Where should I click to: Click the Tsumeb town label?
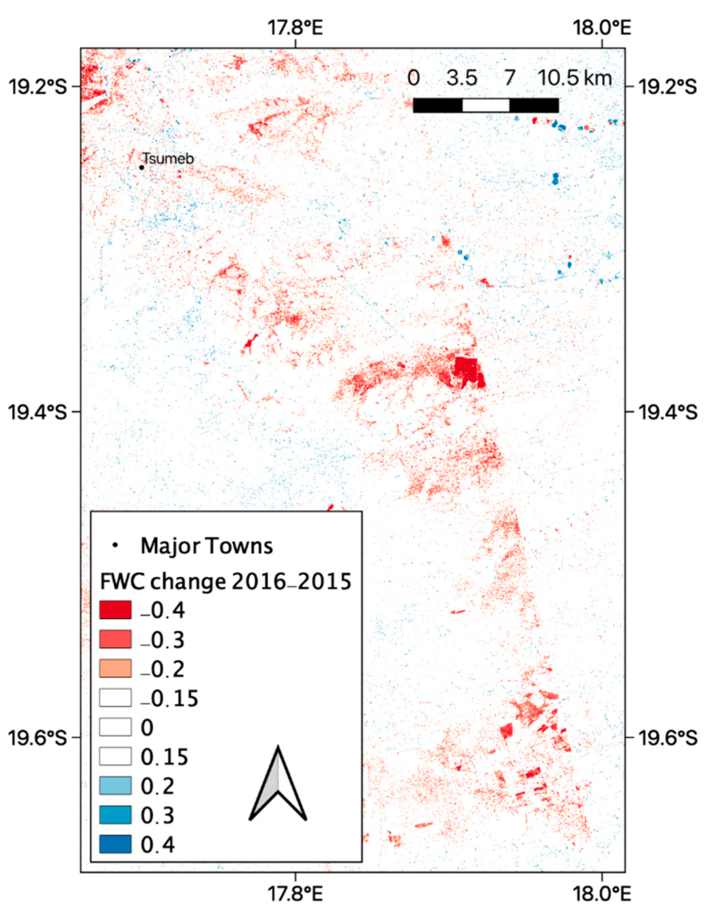[x=168, y=158]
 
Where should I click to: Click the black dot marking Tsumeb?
[x=142, y=167]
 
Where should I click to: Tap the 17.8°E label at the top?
[x=295, y=27]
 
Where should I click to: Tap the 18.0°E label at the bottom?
[x=601, y=893]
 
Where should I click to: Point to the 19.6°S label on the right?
[x=667, y=738]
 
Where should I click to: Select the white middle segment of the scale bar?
[x=486, y=105]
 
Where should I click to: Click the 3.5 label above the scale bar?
[x=461, y=78]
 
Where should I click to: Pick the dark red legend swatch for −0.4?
[x=115, y=610]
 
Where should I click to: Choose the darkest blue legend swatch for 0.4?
[x=115, y=845]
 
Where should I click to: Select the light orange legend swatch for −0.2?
[x=115, y=669]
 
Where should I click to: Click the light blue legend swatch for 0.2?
[x=115, y=786]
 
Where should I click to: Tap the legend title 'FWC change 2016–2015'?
[x=225, y=581]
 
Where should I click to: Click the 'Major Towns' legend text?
[x=206, y=546]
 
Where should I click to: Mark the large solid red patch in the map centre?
[x=466, y=371]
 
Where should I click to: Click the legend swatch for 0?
[x=115, y=727]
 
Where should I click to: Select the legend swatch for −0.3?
[x=115, y=639]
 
